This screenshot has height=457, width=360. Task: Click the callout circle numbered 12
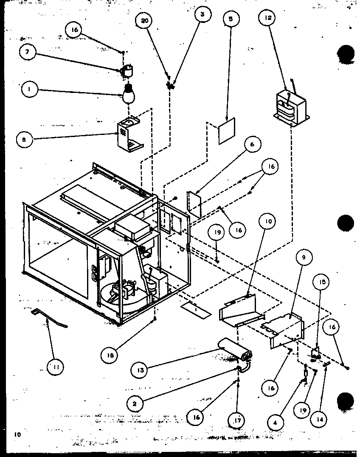pyautogui.click(x=268, y=18)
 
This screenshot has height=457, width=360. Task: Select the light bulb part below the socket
pyautogui.click(x=129, y=94)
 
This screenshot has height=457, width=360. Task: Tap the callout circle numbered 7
pyautogui.click(x=28, y=52)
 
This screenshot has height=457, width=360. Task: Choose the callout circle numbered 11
pyautogui.click(x=55, y=368)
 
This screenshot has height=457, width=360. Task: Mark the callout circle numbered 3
pyautogui.click(x=202, y=14)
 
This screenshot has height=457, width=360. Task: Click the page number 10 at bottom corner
pyautogui.click(x=17, y=434)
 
